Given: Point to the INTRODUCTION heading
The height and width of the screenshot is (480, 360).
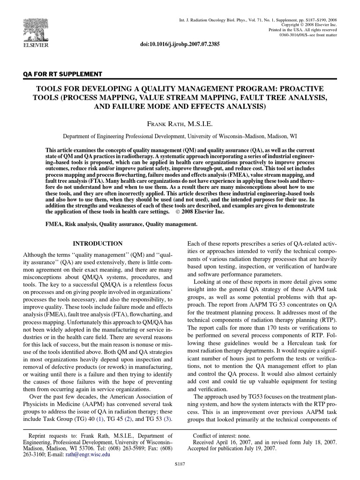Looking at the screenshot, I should coord(98,244).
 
